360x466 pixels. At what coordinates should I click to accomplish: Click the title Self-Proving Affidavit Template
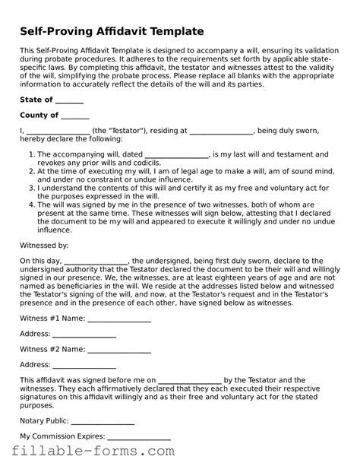pos(112,31)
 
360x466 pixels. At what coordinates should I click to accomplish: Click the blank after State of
pos(70,100)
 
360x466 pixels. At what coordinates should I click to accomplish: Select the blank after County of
pos(75,116)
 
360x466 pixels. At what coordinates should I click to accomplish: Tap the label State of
pos(36,100)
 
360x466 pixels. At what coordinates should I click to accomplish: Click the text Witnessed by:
pos(44,246)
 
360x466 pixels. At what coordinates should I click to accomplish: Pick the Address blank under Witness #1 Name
pos(84,336)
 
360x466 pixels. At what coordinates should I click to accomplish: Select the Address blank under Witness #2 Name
pos(84,366)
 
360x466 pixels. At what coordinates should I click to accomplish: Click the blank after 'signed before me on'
pos(190,381)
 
